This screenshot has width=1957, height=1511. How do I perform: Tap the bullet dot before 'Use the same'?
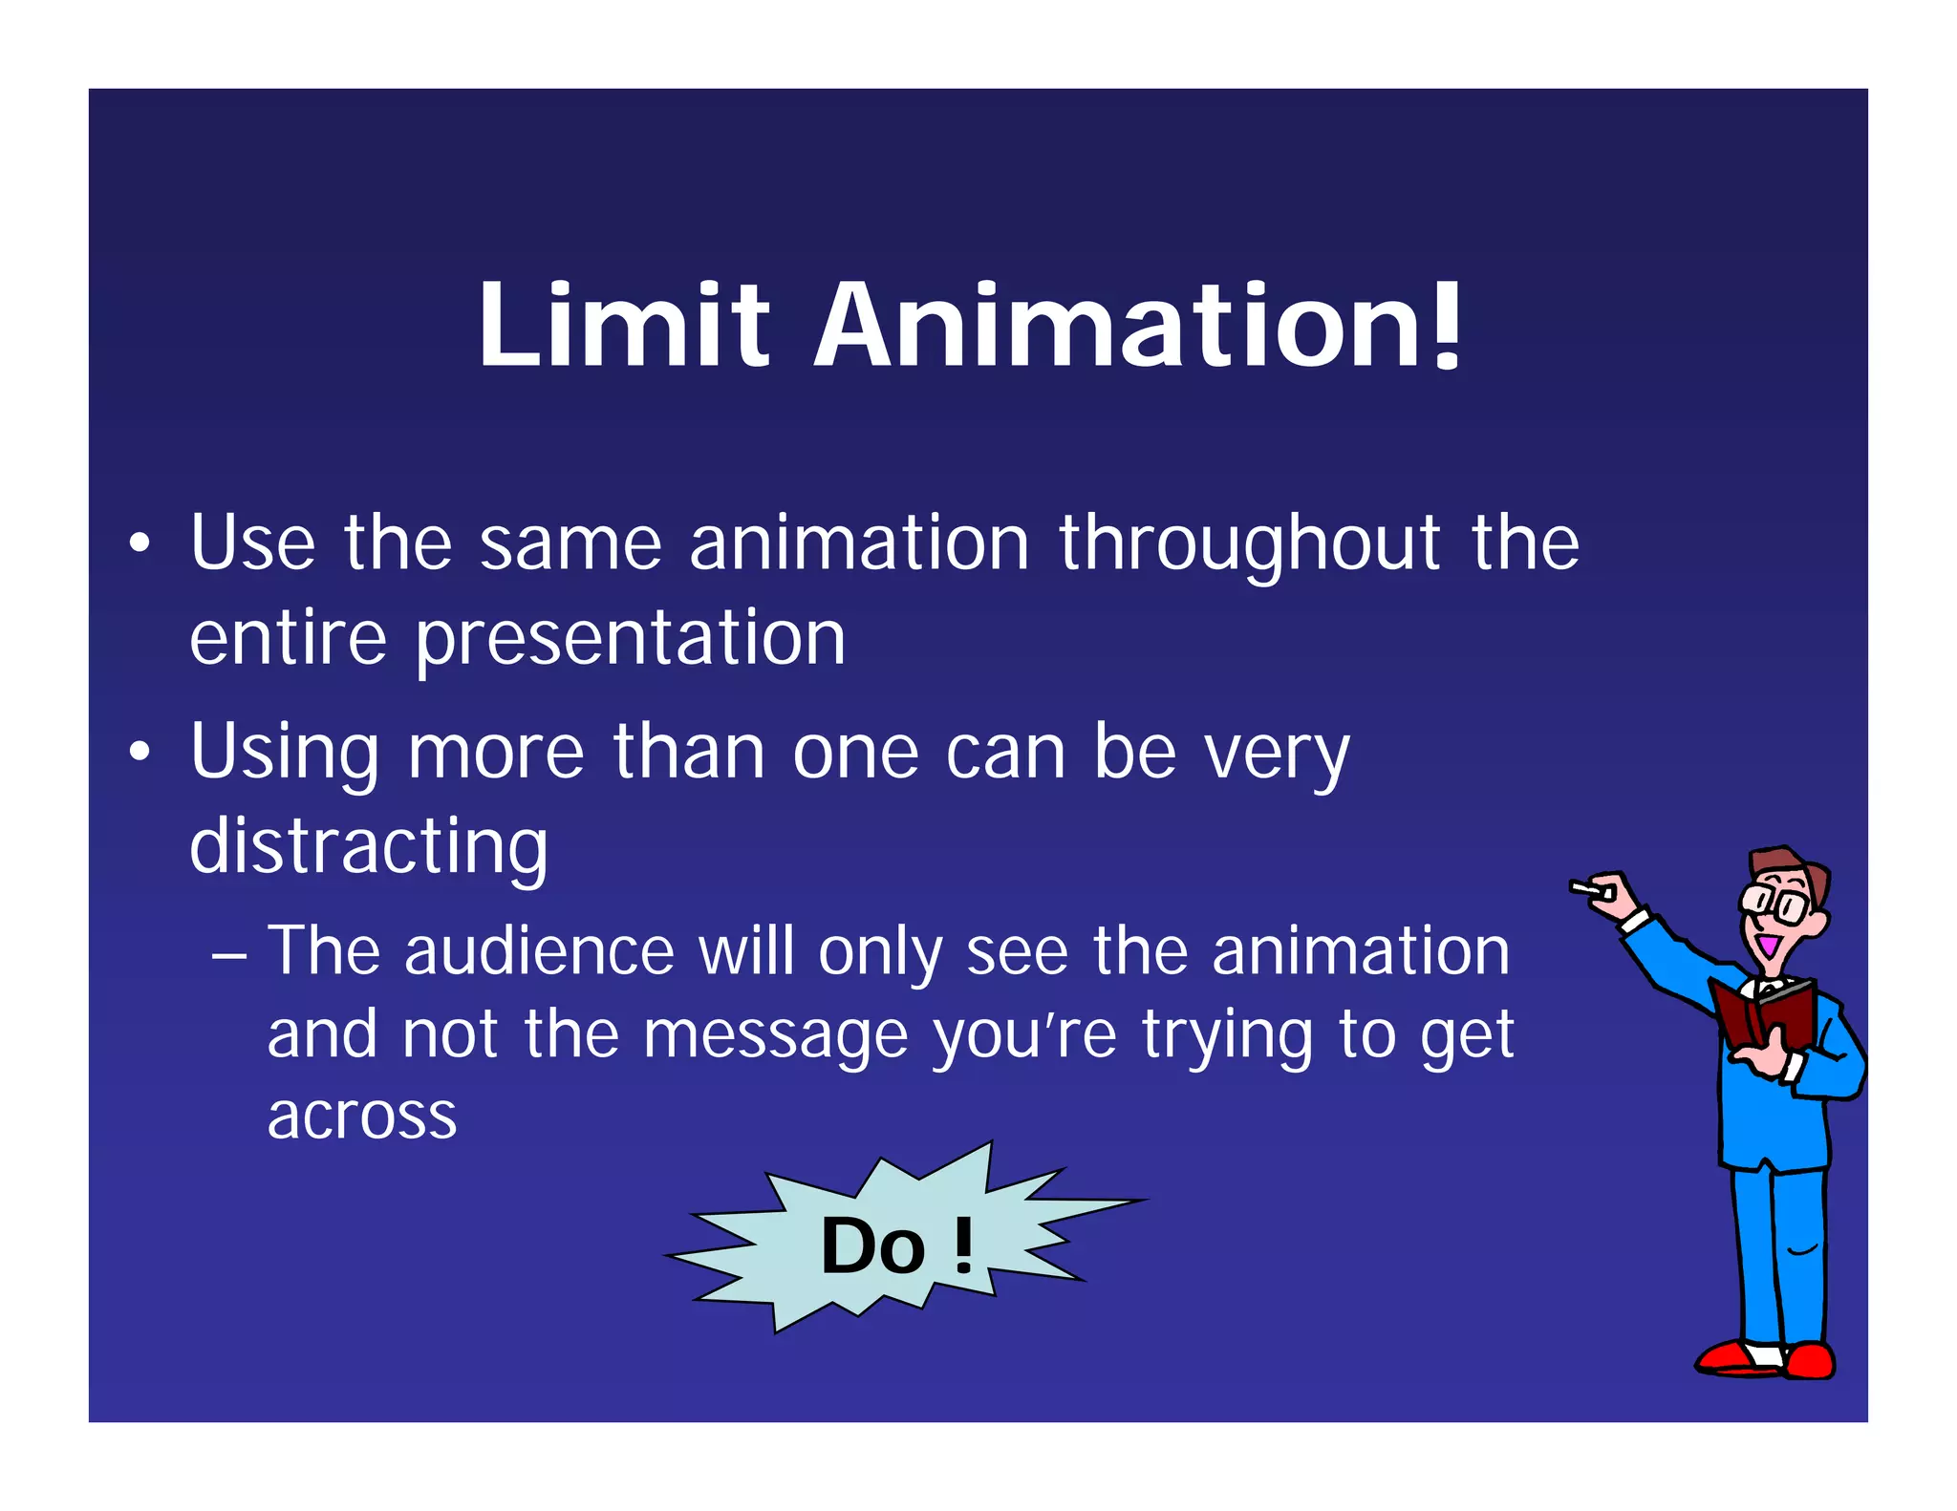tap(140, 544)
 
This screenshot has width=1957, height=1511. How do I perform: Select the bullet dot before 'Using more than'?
tap(140, 753)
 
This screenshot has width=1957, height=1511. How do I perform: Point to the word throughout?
tap(1249, 544)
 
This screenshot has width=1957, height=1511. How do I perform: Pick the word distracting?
tap(369, 847)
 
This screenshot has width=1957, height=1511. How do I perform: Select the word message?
tap(775, 1036)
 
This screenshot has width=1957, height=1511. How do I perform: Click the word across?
tap(362, 1116)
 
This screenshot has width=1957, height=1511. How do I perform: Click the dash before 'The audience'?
tap(229, 954)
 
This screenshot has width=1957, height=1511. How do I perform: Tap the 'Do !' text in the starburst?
tap(896, 1245)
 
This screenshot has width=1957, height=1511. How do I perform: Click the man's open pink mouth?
tap(1767, 947)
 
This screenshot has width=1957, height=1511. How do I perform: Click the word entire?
tap(288, 638)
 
